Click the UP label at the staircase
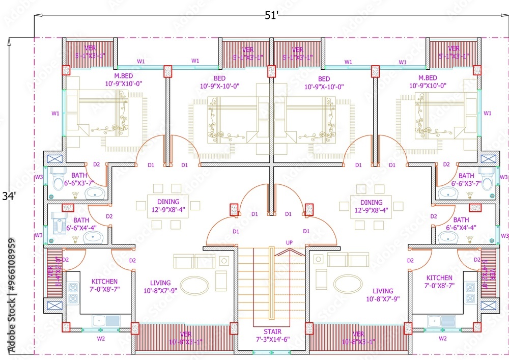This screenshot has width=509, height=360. tap(289, 242)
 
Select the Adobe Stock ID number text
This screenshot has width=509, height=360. tap(12, 296)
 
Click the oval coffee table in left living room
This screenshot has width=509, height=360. tap(194, 284)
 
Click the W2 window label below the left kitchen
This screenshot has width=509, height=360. tap(101, 338)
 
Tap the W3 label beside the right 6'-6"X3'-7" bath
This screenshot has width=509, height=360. tap(503, 177)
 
